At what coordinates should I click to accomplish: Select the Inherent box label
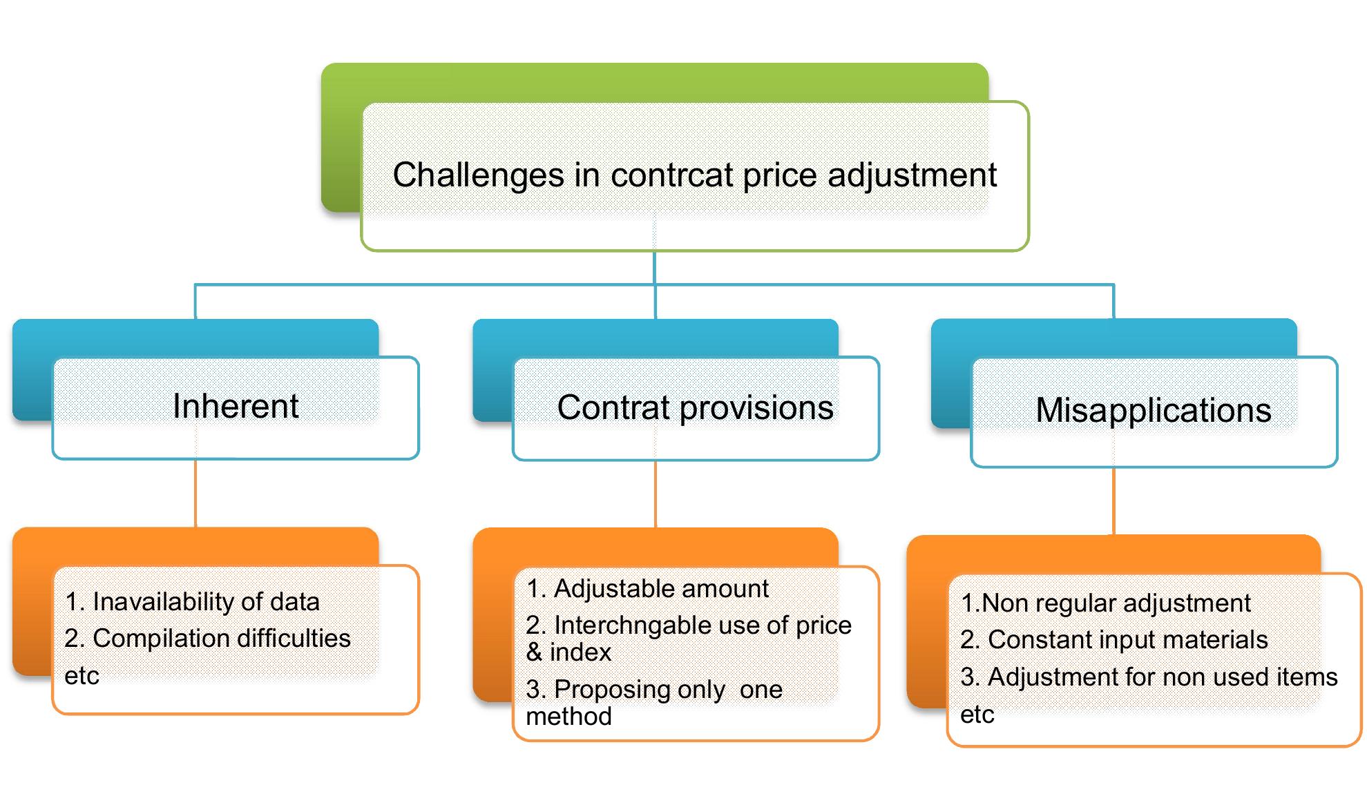click(x=236, y=406)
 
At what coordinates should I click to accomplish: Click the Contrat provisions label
click(x=695, y=407)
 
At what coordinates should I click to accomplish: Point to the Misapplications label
click(x=1153, y=410)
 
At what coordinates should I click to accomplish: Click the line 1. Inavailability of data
click(x=192, y=602)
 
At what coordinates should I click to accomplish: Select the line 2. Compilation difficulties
click(x=207, y=639)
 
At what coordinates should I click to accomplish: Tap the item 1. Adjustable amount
click(x=647, y=589)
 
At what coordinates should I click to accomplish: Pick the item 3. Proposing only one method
click(x=653, y=702)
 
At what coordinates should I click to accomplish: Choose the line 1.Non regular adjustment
click(x=1105, y=603)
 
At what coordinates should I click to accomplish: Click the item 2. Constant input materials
click(x=1113, y=640)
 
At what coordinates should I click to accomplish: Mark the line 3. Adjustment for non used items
click(x=1149, y=677)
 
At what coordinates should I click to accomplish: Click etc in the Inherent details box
click(x=82, y=676)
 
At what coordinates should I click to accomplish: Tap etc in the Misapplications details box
click(x=977, y=715)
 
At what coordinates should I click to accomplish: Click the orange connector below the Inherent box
click(x=195, y=493)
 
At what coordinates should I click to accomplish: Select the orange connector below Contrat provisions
click(x=655, y=494)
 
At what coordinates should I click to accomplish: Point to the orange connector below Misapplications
click(x=1113, y=501)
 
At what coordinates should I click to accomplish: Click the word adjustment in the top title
click(x=912, y=175)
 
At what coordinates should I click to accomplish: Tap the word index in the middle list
click(x=580, y=652)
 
